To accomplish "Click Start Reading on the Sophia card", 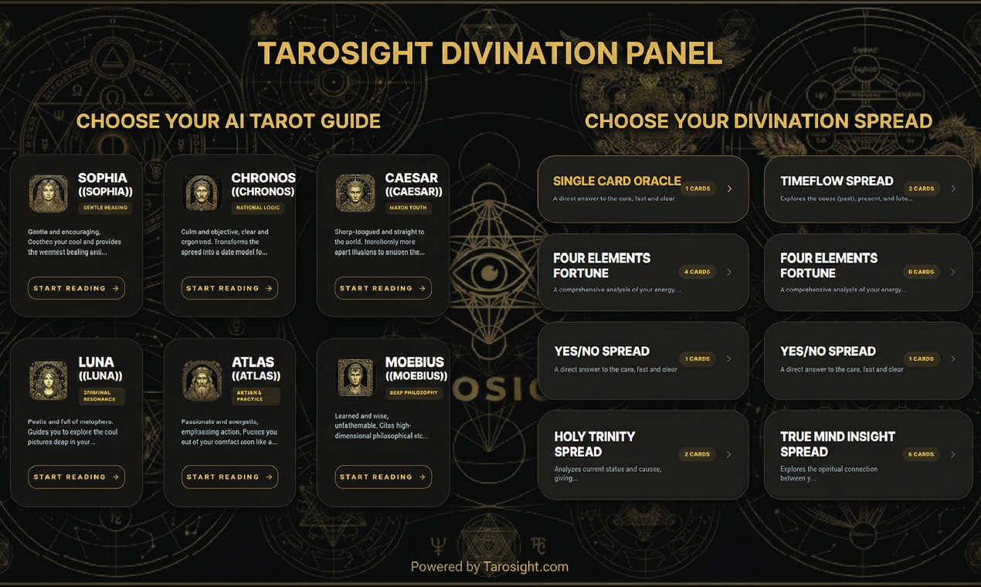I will click(x=76, y=288).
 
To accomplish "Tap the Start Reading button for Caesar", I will click(x=382, y=288).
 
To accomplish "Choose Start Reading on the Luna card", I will click(x=76, y=477).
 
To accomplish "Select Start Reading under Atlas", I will click(x=229, y=477).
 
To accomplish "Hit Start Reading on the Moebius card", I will click(x=382, y=477).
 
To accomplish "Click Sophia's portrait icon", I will click(x=48, y=193).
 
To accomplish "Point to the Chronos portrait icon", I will click(x=202, y=193).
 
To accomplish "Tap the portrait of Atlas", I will click(x=202, y=380).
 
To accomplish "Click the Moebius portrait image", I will click(x=355, y=378).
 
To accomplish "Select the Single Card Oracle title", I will click(x=616, y=181).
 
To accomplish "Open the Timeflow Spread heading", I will click(x=837, y=181).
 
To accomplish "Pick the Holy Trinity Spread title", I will click(x=595, y=444).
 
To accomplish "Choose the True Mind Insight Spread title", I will click(x=837, y=444).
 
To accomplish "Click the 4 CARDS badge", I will click(x=697, y=272).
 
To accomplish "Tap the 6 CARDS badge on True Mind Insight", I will click(x=921, y=454).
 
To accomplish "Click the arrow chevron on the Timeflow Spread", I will click(x=953, y=188).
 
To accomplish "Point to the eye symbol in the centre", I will click(x=489, y=272).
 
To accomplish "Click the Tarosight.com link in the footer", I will click(x=525, y=567).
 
